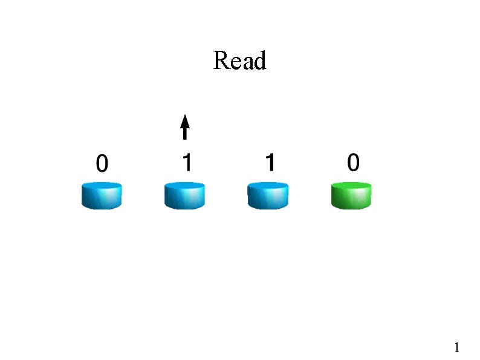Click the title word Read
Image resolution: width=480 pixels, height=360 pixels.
239,61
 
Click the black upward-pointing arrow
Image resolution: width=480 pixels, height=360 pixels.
185,127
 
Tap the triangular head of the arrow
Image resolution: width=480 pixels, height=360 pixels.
185,119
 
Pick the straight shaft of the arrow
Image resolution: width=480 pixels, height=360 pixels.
185,133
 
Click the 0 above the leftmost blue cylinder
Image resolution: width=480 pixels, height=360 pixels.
102,163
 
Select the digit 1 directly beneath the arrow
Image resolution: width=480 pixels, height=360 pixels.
187,162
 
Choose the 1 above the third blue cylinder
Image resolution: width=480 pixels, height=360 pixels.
270,162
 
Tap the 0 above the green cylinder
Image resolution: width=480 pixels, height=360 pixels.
353,162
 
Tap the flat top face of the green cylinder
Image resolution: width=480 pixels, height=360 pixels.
351,186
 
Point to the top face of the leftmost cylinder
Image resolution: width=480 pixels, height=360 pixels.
102,186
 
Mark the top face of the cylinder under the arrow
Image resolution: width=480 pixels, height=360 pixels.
184,186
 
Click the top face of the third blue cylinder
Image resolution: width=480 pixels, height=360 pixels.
268,186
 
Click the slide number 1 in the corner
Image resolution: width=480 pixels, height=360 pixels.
457,347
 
